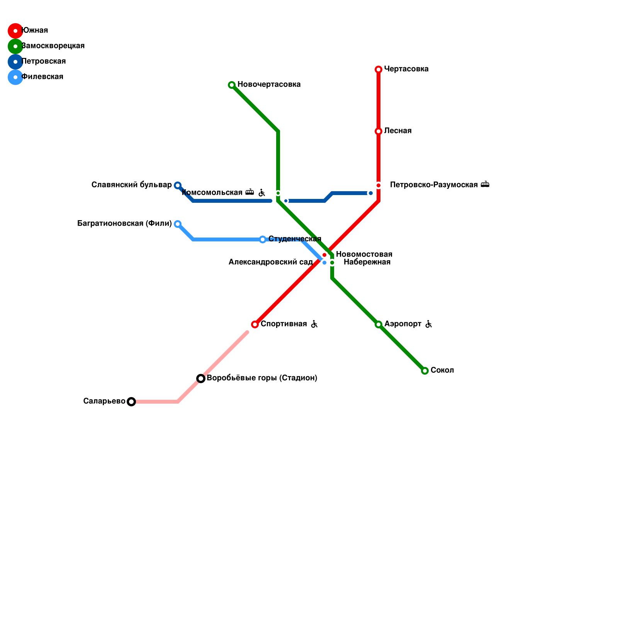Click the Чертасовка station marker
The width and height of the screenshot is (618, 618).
tap(379, 70)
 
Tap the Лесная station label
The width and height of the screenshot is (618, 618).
tap(398, 131)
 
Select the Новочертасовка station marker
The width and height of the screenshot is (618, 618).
tap(232, 85)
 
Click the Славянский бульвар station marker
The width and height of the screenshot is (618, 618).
tap(178, 185)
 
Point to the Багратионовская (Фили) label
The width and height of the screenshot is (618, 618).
tap(124, 224)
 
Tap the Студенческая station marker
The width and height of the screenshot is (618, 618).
tap(263, 239)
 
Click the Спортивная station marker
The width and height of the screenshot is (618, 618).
tap(255, 324)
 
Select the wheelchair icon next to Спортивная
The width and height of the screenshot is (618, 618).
tap(314, 324)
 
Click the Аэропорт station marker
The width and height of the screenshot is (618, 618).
tap(379, 324)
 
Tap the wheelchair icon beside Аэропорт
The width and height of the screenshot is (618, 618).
tap(428, 324)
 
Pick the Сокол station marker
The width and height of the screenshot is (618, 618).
tap(425, 371)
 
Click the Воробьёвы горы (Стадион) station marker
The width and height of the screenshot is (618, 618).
tap(201, 379)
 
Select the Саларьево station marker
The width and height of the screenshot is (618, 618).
tap(131, 402)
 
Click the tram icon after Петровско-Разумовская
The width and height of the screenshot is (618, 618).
tap(485, 185)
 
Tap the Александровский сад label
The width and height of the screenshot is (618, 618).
tap(270, 262)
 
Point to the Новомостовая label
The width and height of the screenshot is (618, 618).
tap(364, 255)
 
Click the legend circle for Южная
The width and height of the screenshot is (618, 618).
tap(15, 31)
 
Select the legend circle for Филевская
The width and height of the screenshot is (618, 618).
tap(15, 77)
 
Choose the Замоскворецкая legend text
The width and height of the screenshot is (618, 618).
tap(53, 46)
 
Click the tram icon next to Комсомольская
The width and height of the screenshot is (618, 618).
tap(250, 192)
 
